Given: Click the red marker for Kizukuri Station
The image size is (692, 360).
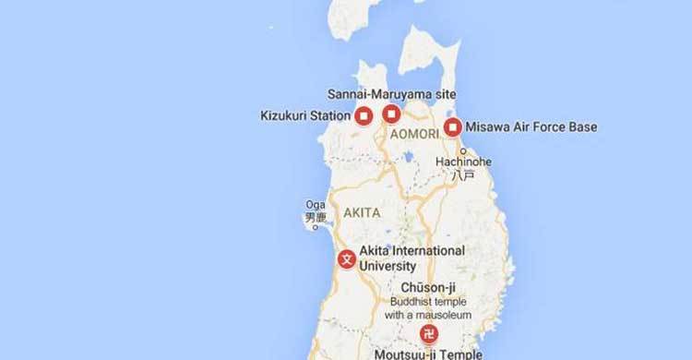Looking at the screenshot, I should [364, 116].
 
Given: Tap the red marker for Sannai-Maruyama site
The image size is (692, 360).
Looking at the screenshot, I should [391, 114].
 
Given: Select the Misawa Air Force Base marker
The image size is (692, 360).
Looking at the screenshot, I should [453, 127].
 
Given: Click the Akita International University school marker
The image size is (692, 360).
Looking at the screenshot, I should [347, 258].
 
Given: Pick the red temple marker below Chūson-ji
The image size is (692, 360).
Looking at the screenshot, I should [429, 334].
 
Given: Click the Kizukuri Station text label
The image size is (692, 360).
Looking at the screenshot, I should [305, 116].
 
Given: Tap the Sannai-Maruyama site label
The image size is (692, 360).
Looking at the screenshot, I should [392, 94].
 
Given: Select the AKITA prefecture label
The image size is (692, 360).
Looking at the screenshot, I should [361, 212].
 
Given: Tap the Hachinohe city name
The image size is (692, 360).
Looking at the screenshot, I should [462, 160].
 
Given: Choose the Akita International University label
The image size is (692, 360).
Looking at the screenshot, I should [411, 258].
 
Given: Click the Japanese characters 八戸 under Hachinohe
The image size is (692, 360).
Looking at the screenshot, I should [462, 174].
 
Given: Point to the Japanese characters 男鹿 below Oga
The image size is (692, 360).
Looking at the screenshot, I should [316, 218].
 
